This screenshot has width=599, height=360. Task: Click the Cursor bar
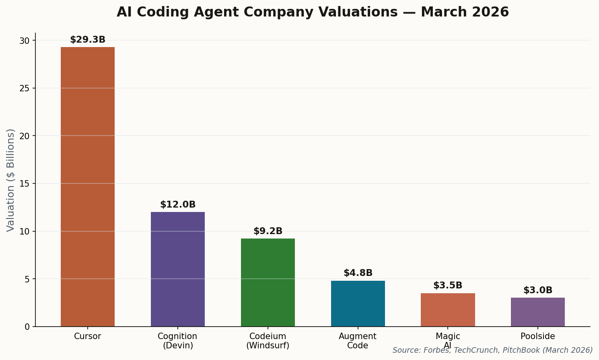[88, 187]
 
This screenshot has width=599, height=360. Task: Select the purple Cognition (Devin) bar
[177, 269]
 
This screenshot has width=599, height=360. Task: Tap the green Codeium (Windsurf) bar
[268, 282]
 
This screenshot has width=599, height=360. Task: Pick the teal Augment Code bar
[358, 304]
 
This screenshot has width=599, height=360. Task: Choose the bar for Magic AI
[448, 310]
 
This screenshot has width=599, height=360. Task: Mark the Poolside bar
[538, 312]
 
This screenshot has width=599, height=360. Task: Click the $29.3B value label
[88, 40]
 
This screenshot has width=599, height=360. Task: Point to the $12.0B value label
[177, 205]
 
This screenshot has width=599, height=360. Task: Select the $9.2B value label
[268, 231]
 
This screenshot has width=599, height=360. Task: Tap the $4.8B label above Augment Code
[358, 273]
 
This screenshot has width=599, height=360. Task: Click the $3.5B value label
[448, 286]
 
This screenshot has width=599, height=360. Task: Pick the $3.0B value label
[538, 290]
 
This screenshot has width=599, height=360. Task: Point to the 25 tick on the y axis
[25, 88]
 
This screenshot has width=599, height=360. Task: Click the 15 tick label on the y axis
[25, 184]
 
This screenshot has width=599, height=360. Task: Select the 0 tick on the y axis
[27, 327]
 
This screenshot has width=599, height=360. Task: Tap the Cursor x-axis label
[88, 337]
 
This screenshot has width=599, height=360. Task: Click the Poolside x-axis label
[538, 337]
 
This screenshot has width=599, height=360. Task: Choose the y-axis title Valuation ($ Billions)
[11, 180]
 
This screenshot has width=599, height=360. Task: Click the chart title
[313, 12]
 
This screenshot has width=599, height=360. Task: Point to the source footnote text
[492, 350]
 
